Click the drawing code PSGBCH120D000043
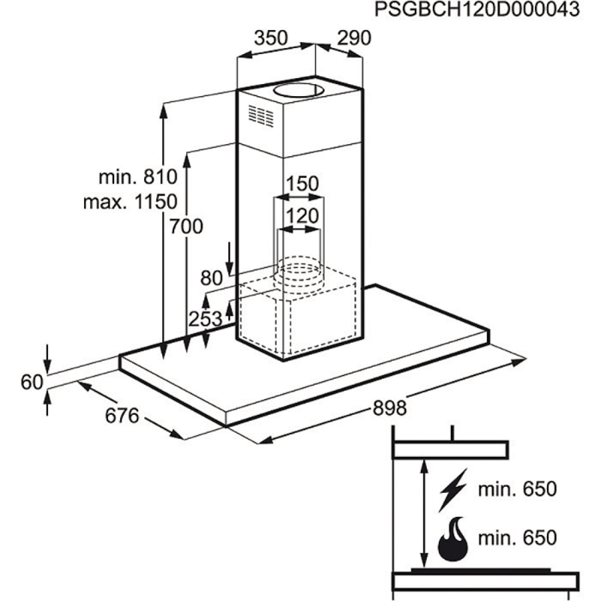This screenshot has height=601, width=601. coord(477,10)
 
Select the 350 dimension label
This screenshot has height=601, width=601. coord(271,38)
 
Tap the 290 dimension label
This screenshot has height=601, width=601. coord(354,38)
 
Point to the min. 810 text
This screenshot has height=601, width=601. coord(138,177)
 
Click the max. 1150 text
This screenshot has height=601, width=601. coord(130,202)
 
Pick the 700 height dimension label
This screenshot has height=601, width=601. coord(186,227)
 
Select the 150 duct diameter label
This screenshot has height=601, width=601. coord(302,183)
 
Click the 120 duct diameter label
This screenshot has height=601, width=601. coord(302,216)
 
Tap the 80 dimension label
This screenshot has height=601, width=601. coord(211,278)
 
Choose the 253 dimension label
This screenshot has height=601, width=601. coord(205,319)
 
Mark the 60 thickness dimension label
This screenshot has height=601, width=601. coord(32,382)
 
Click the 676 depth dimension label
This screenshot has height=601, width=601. coord(122,416)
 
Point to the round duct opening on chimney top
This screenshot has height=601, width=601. coord(298,91)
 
